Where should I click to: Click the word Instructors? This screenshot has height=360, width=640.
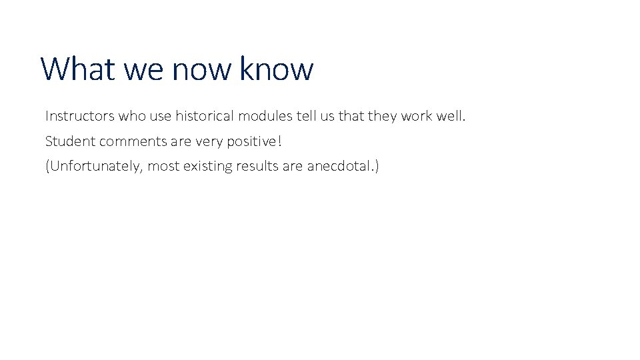pyautogui.click(x=79, y=116)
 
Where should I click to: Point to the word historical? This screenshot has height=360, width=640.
pyautogui.click(x=205, y=116)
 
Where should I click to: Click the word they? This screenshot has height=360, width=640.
pyautogui.click(x=383, y=116)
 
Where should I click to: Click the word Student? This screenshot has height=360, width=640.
pyautogui.click(x=70, y=141)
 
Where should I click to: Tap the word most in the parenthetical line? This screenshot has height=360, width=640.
pyautogui.click(x=163, y=166)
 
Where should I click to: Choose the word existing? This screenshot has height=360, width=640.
pyautogui.click(x=207, y=166)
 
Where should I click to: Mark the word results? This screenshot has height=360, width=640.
pyautogui.click(x=258, y=166)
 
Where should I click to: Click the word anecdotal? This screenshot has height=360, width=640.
pyautogui.click(x=341, y=166)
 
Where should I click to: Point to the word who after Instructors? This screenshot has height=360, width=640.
pyautogui.click(x=133, y=116)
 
